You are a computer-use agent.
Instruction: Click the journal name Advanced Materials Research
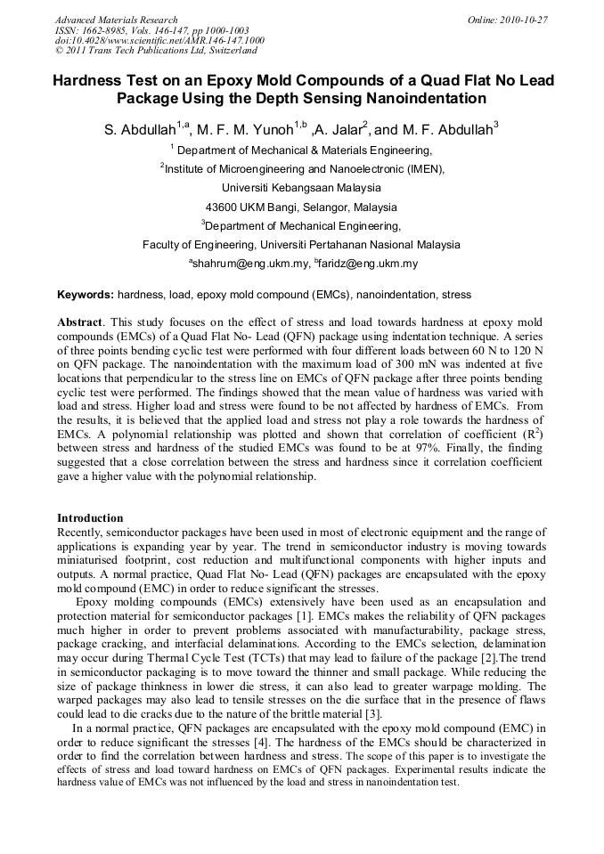pyautogui.click(x=116, y=20)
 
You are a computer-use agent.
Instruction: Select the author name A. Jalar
pyautogui.click(x=339, y=130)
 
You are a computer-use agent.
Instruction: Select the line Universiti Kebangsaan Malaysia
pyautogui.click(x=301, y=188)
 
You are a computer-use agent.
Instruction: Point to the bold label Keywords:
pyautogui.click(x=86, y=295)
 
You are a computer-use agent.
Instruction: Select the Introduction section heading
pyautogui.click(x=90, y=517)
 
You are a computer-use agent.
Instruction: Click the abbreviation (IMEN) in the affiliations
pyautogui.click(x=420, y=168)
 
